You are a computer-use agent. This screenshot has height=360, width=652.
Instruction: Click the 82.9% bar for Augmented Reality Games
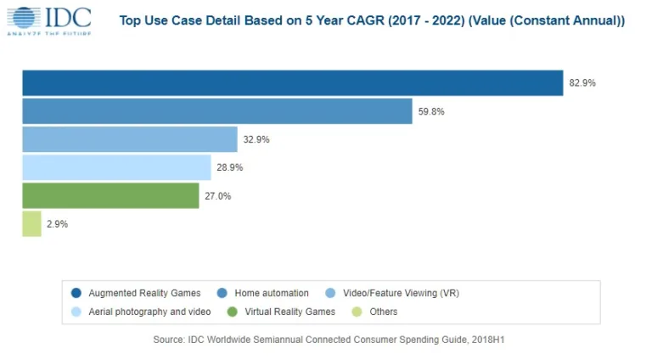pyautogui.click(x=292, y=83)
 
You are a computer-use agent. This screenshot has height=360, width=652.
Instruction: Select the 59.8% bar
pyautogui.click(x=216, y=111)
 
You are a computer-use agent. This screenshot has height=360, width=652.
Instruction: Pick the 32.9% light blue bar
pyautogui.click(x=129, y=139)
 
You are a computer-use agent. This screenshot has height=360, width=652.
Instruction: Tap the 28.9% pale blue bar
pyautogui.click(x=116, y=167)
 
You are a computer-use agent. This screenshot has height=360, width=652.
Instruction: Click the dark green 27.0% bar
pyautogui.click(x=110, y=196)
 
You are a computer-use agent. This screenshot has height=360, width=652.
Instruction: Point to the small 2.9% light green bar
pyautogui.click(x=31, y=224)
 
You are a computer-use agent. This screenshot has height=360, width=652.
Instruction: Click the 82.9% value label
pyautogui.click(x=582, y=83)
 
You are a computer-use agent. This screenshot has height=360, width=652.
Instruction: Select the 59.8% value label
pyautogui.click(x=431, y=111)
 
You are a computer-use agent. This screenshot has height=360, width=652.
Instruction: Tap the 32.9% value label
pyautogui.click(x=256, y=139)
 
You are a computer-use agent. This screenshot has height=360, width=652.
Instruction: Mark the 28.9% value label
pyautogui.click(x=229, y=167)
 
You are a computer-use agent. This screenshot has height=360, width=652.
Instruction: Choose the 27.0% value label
pyautogui.click(x=218, y=196)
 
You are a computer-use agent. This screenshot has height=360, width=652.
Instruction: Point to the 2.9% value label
pyautogui.click(x=58, y=224)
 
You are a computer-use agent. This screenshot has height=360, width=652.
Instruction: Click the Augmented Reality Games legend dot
pyautogui.click(x=76, y=293)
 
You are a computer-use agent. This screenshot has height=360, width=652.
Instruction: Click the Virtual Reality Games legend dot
pyautogui.click(x=231, y=312)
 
